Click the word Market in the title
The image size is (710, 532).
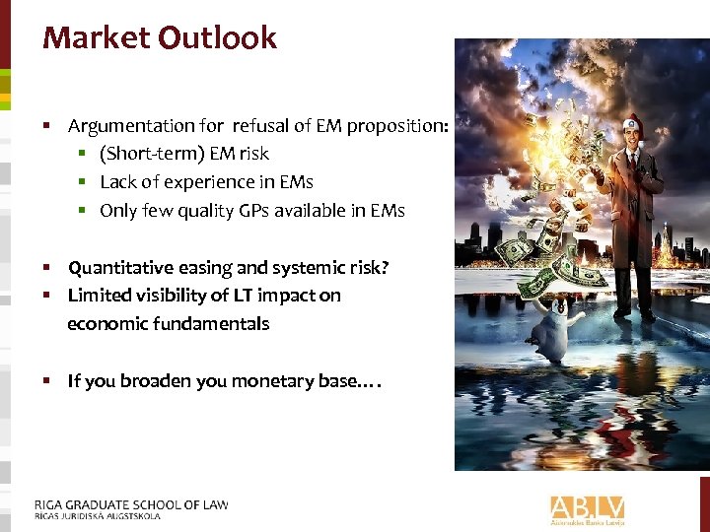click(x=95, y=38)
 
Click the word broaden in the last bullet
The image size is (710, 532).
click(x=157, y=381)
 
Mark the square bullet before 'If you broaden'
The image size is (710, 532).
click(x=47, y=381)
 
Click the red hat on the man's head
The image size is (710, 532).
click(x=633, y=125)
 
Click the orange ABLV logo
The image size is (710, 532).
click(x=588, y=509)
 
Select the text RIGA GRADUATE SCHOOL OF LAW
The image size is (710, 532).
click(x=131, y=504)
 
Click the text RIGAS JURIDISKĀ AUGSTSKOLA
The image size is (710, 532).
click(x=98, y=516)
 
